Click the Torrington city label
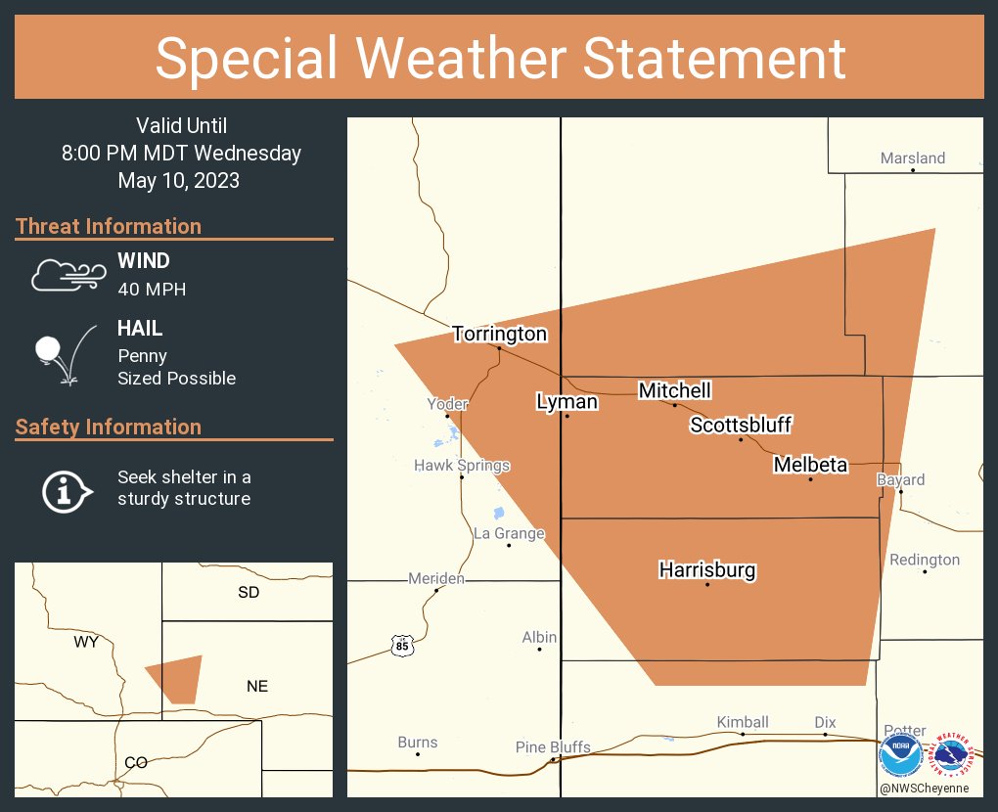499,334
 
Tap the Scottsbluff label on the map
740,425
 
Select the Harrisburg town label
706,569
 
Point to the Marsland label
912,158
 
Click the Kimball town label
743,722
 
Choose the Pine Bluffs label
553,747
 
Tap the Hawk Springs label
462,466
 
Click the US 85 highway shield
402,646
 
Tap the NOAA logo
900,754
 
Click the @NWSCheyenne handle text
924,788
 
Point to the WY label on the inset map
86,642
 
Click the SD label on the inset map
249,592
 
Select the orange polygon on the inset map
177,678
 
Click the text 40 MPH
152,289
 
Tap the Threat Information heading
109,226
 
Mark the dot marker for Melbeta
810,479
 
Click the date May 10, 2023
178,180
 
